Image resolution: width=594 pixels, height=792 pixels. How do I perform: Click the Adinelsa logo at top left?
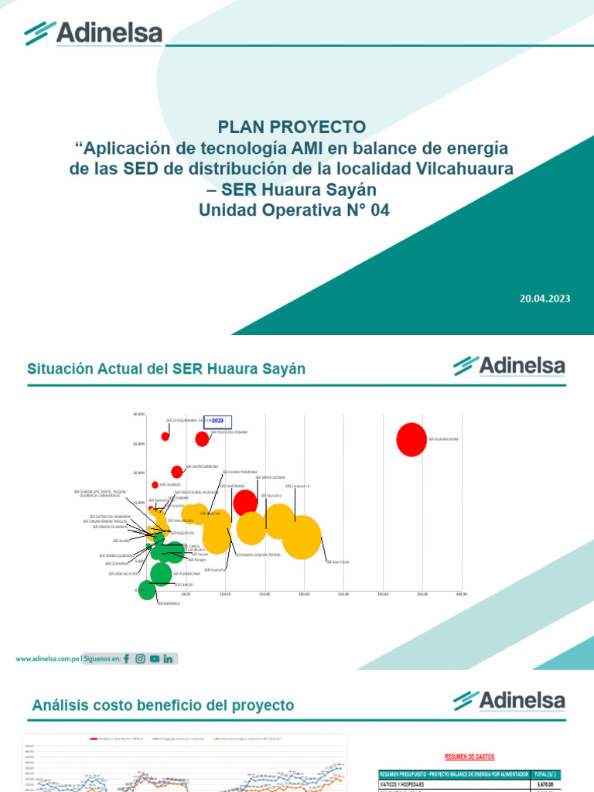(x=93, y=32)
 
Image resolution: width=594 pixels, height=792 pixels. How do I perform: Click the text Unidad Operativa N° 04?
(x=292, y=209)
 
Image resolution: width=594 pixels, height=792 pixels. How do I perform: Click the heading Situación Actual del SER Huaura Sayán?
(x=166, y=369)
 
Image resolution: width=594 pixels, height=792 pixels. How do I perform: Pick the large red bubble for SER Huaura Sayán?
(x=411, y=439)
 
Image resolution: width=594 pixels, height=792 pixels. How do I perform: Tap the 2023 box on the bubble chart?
(x=217, y=420)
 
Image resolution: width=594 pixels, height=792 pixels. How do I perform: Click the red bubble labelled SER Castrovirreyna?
(x=177, y=472)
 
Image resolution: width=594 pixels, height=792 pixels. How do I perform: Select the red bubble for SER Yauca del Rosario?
(x=202, y=439)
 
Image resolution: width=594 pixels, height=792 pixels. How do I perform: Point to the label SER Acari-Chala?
(x=338, y=562)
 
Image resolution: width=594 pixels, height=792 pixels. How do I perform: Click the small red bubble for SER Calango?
(x=155, y=485)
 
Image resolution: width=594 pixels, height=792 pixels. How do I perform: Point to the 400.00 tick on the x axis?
(x=462, y=594)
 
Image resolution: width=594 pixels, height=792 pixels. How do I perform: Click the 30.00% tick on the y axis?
(x=139, y=414)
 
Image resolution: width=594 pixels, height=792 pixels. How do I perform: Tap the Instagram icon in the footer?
(x=140, y=659)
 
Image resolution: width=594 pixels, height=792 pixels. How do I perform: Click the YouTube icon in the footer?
(x=155, y=659)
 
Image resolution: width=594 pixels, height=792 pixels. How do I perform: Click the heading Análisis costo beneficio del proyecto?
(x=163, y=705)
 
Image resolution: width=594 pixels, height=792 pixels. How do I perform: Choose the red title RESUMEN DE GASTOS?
(x=469, y=756)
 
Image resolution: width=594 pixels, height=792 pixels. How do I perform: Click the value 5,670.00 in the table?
(x=546, y=784)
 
